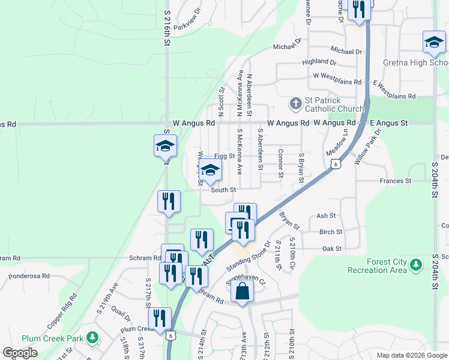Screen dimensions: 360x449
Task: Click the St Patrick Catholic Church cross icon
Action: click(295, 104)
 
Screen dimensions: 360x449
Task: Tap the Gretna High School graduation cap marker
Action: click(434, 43)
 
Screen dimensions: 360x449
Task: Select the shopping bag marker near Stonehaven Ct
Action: click(242, 292)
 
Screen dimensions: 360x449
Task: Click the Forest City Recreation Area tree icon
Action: click(415, 265)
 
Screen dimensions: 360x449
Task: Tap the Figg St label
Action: click(224, 156)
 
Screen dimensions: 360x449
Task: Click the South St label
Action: click(223, 190)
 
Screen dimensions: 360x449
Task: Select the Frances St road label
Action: click(395, 180)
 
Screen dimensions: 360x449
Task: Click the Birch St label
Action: click(331, 232)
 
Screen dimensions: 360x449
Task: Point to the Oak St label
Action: click(331, 248)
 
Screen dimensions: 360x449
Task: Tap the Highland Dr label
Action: click(319, 61)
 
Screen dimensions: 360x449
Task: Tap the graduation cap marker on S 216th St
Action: click(166, 146)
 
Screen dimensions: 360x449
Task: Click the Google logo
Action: click(20, 353)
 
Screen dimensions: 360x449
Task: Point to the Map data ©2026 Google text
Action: click(411, 355)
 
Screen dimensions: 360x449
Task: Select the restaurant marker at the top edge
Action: click(359, 10)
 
